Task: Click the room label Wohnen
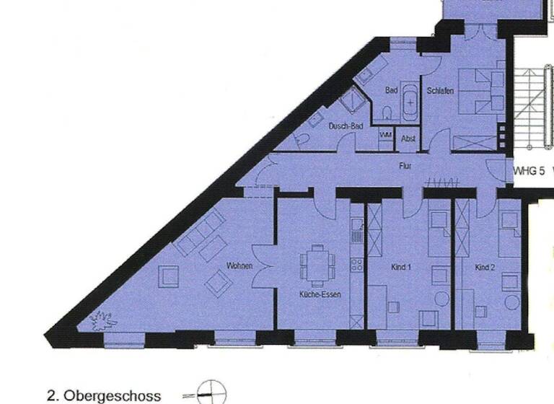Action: (x=239, y=266)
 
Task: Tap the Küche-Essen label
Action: (x=320, y=295)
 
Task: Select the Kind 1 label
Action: (x=400, y=268)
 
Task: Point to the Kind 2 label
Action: (x=485, y=268)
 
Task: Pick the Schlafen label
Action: (x=439, y=91)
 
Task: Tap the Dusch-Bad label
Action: (x=346, y=126)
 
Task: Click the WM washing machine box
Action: (x=385, y=135)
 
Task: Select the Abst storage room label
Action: (x=409, y=139)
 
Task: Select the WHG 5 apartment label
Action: (x=528, y=172)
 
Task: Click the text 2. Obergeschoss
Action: (x=104, y=395)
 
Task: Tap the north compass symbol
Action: (x=206, y=392)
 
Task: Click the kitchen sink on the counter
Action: (x=356, y=230)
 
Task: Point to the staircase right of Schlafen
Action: (x=530, y=108)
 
